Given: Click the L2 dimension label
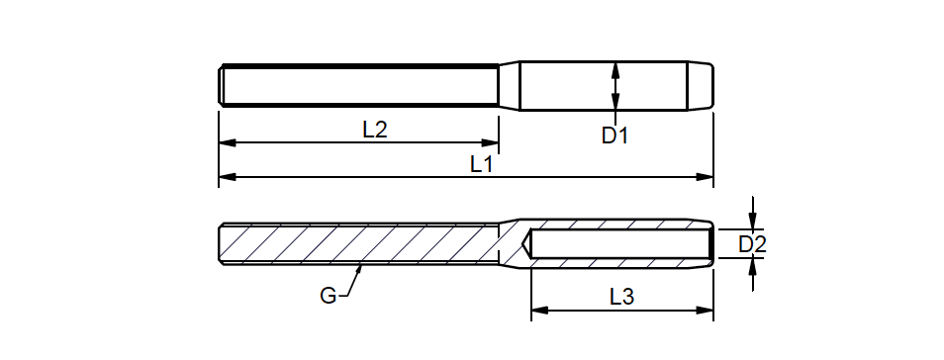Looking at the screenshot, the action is coord(374,130).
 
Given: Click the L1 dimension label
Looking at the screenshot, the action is coord(482,164).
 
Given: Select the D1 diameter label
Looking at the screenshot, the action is coord(614,136).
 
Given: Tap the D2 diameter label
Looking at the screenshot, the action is coord(752,244).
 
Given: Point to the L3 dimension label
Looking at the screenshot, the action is coord(621,296).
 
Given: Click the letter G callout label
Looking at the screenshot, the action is coord(329,296).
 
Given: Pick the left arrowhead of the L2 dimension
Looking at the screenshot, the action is coord(227,142).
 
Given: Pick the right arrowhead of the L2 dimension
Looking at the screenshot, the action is coord(490,142).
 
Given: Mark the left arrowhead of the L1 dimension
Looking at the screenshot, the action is coord(227,177).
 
